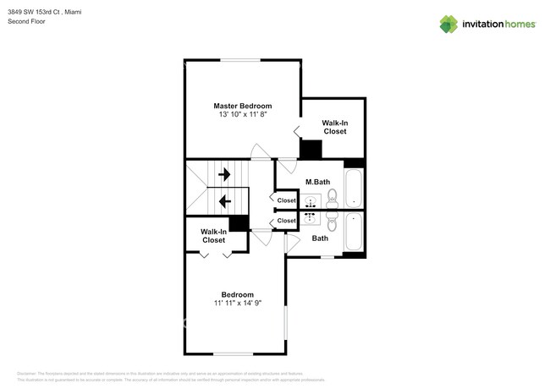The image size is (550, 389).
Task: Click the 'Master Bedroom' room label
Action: click(x=242, y=106)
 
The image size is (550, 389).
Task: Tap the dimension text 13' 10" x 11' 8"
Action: click(x=242, y=115)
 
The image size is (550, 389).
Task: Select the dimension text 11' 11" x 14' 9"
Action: click(x=237, y=303)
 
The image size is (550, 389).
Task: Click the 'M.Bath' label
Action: click(x=317, y=182)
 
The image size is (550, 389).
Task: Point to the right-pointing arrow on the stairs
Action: click(x=225, y=174)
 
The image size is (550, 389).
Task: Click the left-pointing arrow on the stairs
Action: click(x=225, y=201)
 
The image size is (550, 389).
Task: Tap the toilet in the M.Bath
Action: click(x=332, y=198)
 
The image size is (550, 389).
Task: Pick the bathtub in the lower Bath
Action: click(x=354, y=233)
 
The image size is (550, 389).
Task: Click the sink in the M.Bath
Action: click(x=311, y=201)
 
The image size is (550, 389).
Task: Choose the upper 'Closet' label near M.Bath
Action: click(x=287, y=200)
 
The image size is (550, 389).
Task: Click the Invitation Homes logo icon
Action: click(x=448, y=24)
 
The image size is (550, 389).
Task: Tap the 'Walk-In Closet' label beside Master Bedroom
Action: click(x=335, y=127)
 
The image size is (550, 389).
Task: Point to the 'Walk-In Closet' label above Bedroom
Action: click(x=213, y=236)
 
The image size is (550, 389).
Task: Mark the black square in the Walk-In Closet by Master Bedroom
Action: click(x=311, y=150)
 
